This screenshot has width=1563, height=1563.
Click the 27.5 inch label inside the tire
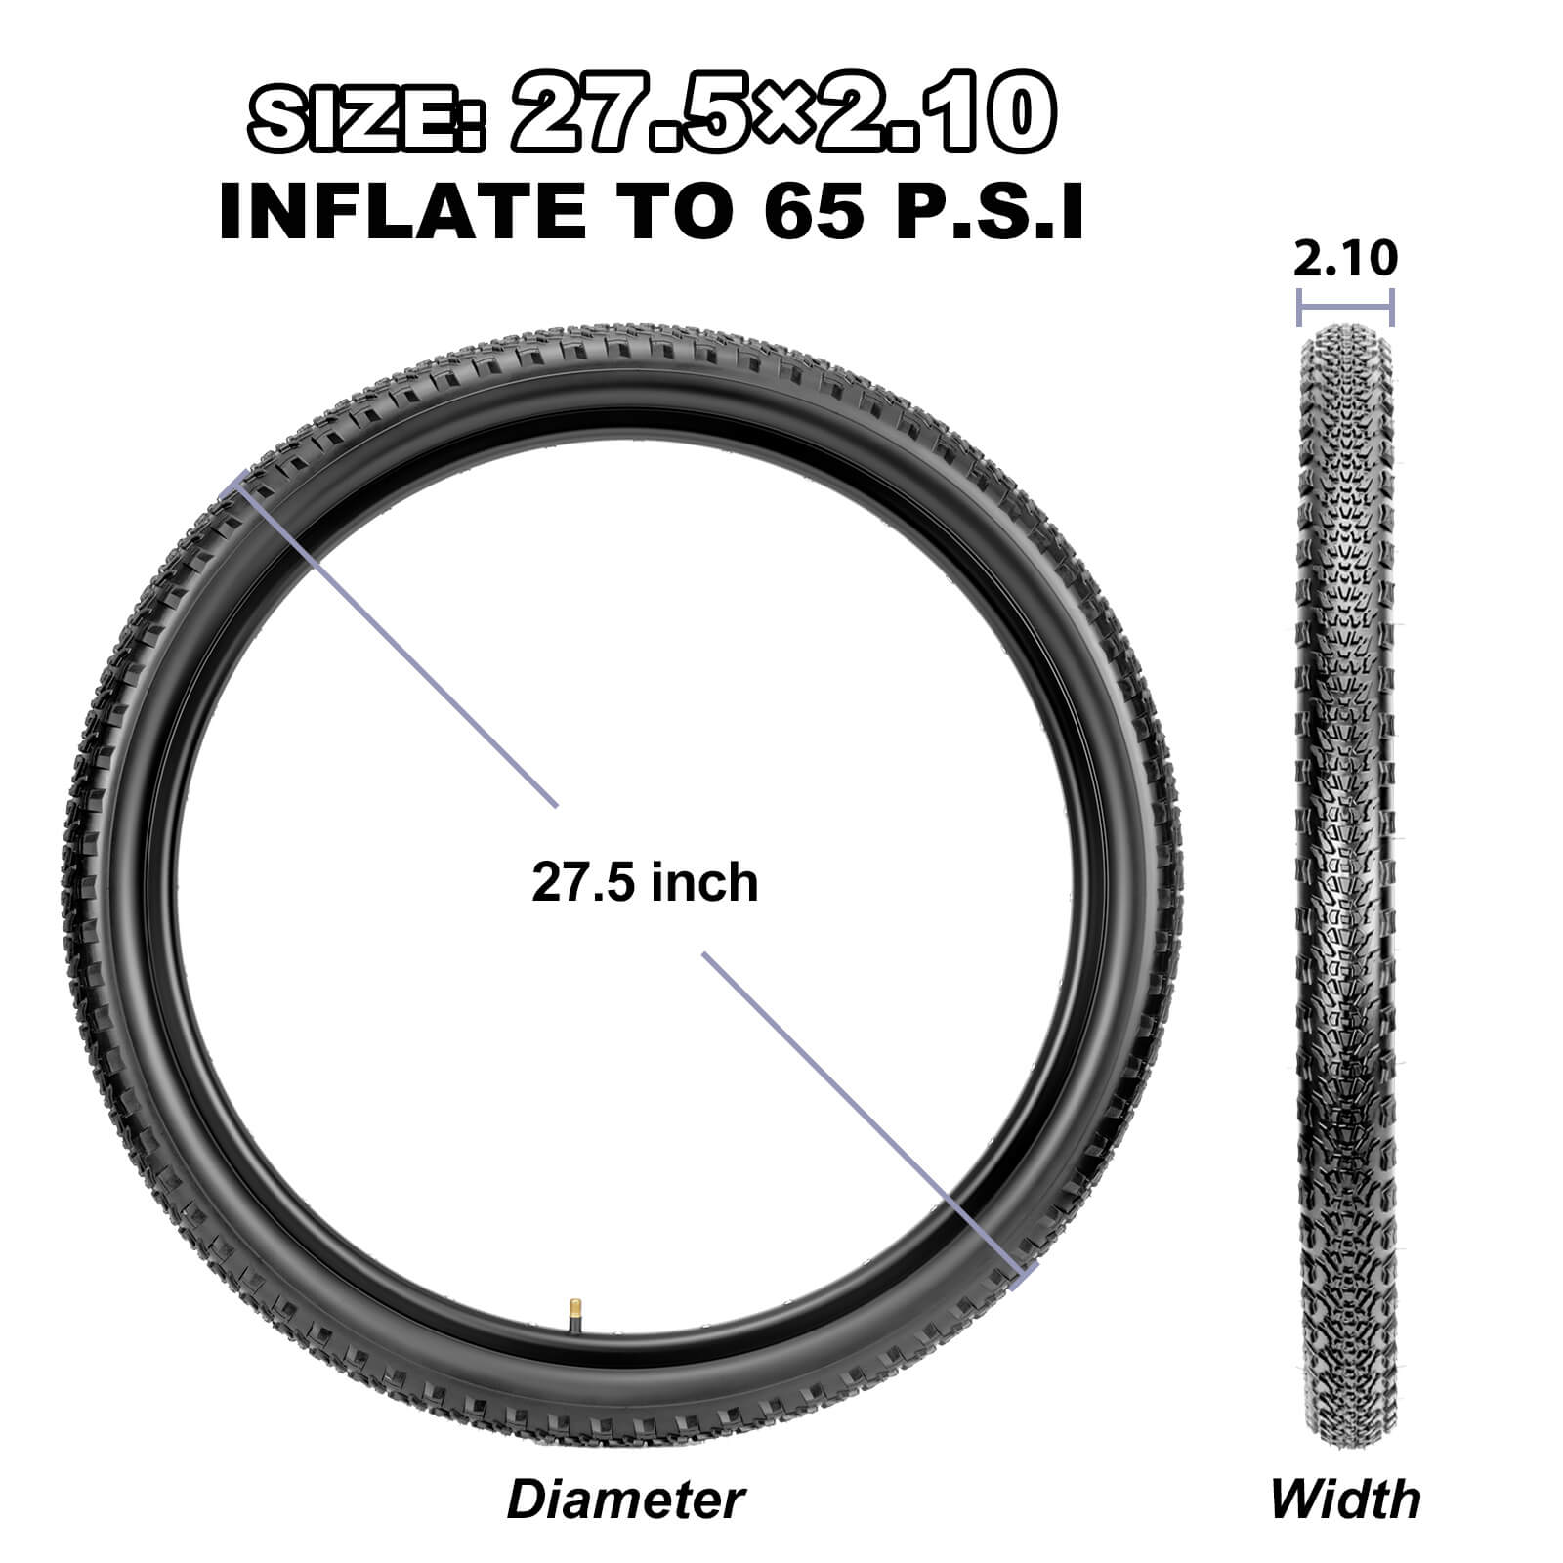(x=645, y=882)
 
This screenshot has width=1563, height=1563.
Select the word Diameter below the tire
(x=625, y=1500)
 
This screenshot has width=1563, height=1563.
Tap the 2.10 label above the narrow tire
(x=1345, y=259)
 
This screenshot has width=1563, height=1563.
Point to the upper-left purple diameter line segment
(x=391, y=640)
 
